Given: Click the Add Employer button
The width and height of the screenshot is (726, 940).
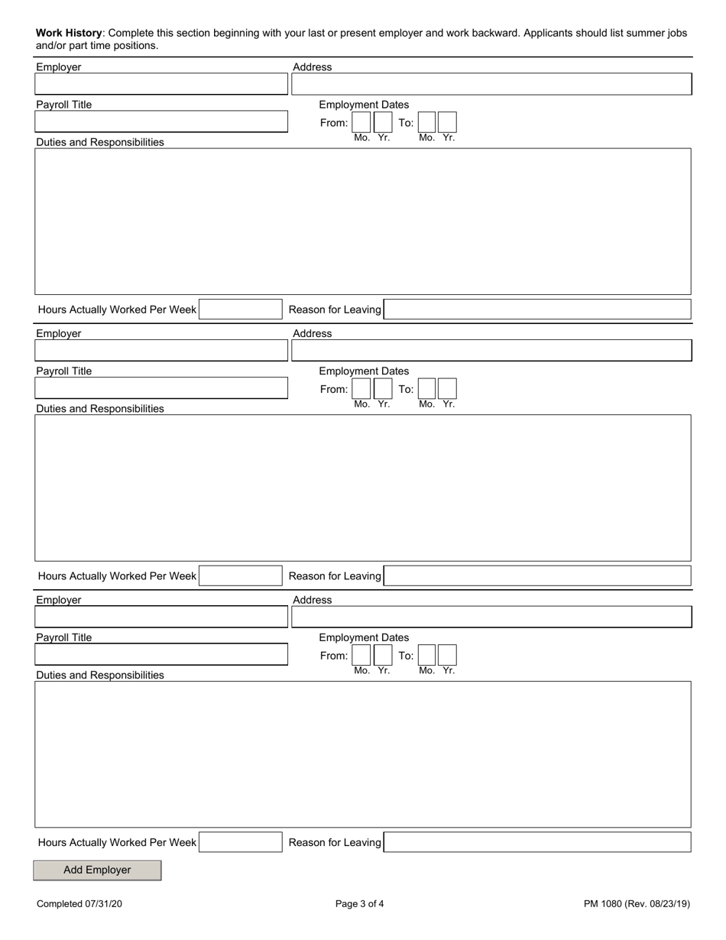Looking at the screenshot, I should [97, 870].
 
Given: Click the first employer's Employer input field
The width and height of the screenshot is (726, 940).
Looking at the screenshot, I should [161, 84].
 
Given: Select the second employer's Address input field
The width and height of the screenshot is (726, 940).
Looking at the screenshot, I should [491, 351].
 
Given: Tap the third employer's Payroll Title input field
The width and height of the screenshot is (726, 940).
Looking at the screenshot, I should [161, 654].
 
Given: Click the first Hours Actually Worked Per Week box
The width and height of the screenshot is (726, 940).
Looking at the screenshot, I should [240, 310].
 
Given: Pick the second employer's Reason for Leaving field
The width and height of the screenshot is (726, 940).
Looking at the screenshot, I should [537, 576].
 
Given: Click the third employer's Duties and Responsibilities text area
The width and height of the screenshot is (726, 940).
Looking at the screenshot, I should [363, 754].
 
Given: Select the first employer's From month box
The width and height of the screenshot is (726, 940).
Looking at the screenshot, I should [361, 122].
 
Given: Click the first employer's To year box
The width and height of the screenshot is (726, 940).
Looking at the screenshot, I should [448, 122].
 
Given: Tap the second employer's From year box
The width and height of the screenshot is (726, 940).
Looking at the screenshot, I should [383, 389].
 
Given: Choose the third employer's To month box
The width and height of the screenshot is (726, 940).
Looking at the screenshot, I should [427, 656].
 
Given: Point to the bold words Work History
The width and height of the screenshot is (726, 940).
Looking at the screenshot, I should [69, 34].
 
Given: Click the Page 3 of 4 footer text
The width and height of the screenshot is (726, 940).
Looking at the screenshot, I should [360, 904].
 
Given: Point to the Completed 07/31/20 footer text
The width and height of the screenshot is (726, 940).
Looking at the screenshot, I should [79, 904].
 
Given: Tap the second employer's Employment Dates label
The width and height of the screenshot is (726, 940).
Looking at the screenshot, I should [364, 371].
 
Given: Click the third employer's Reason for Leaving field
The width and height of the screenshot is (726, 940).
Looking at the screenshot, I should [537, 842].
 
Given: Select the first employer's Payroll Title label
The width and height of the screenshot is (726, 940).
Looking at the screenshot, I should [64, 105].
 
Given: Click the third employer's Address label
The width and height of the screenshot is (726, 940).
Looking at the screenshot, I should [313, 600].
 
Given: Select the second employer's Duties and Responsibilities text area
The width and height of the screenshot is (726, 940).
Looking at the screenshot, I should [363, 488].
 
